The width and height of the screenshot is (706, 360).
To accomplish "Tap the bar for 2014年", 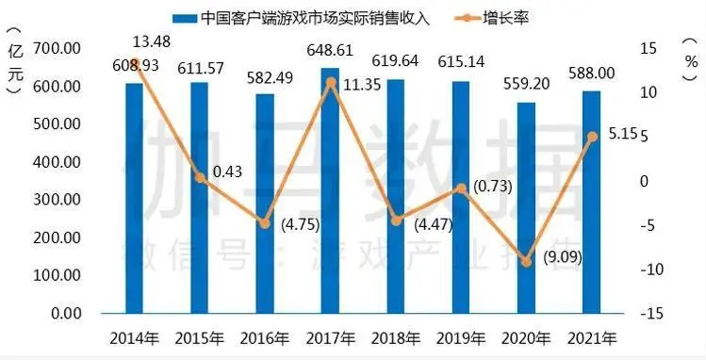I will coord(135,198).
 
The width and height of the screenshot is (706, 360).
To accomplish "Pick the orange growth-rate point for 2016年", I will coord(266,222).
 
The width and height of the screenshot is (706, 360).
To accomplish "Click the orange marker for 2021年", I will coord(592,137).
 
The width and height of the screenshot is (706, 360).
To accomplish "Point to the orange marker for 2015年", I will coord(200,177).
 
